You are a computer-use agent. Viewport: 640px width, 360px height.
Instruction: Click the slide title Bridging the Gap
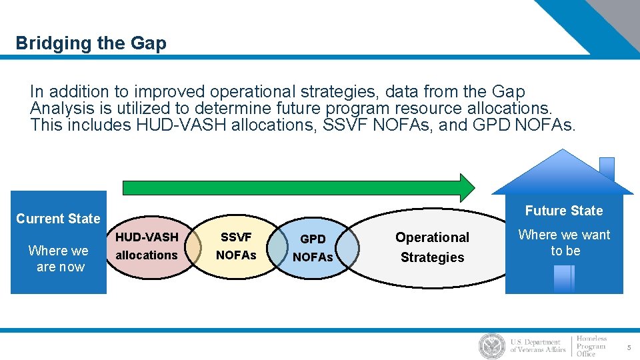(91, 44)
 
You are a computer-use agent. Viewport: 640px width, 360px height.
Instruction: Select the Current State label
(58, 219)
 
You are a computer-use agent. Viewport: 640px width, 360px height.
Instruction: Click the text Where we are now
(58, 259)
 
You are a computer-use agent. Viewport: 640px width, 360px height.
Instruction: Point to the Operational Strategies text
(432, 247)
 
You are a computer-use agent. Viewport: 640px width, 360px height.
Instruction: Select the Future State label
(563, 211)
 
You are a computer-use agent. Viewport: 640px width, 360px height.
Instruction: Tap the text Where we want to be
(564, 243)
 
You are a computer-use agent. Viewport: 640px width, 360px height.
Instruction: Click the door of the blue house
(563, 279)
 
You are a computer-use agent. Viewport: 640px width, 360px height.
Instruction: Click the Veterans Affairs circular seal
(492, 346)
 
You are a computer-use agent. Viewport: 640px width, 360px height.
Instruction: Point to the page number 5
(628, 347)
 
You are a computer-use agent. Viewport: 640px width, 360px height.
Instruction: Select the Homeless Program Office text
(591, 346)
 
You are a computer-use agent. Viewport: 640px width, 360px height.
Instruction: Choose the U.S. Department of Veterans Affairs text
(537, 346)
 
